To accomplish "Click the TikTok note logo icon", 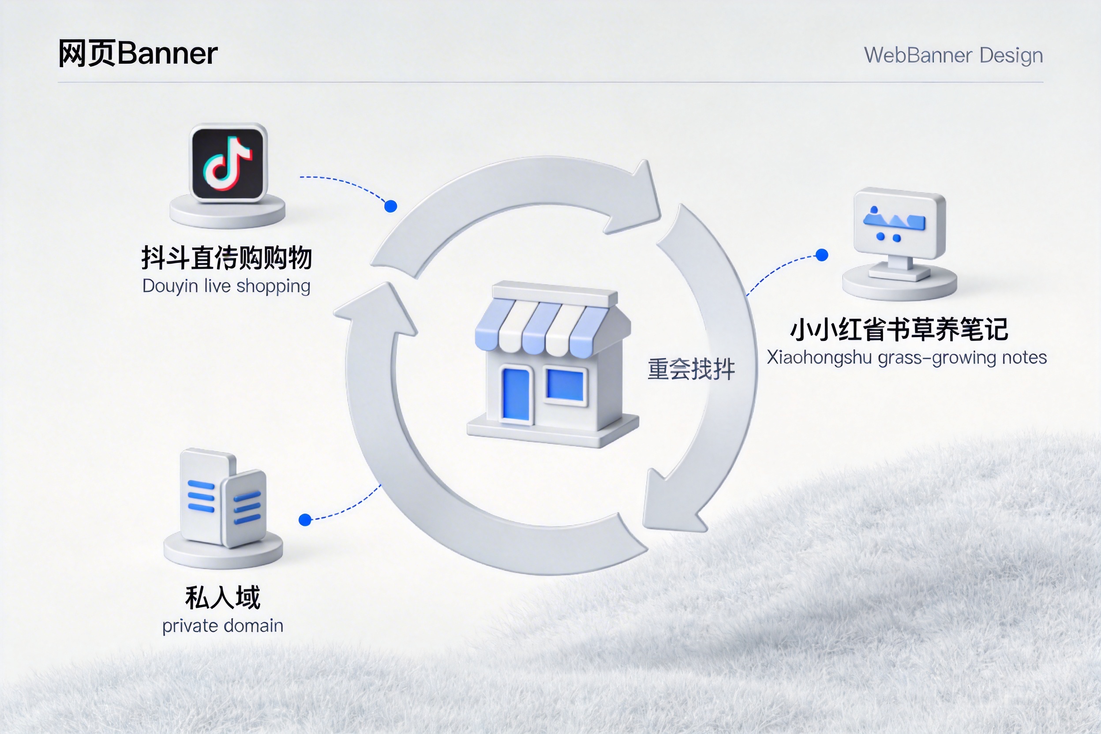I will pos(228,162).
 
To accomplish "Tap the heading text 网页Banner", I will pos(138,53).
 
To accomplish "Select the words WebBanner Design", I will pos(953,55).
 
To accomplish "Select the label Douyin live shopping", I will pos(226,286).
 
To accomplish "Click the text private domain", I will pos(223,626).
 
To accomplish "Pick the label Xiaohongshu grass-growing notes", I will pos(906,358).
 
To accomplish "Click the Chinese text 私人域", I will pos(223,598).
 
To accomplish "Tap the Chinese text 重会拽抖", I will pos(691,369).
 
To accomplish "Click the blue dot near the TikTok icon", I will pos(390,206).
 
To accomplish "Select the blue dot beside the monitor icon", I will pos(821,255).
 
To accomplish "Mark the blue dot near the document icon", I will pos(305,520).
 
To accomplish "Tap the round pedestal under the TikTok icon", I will pos(228,213).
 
